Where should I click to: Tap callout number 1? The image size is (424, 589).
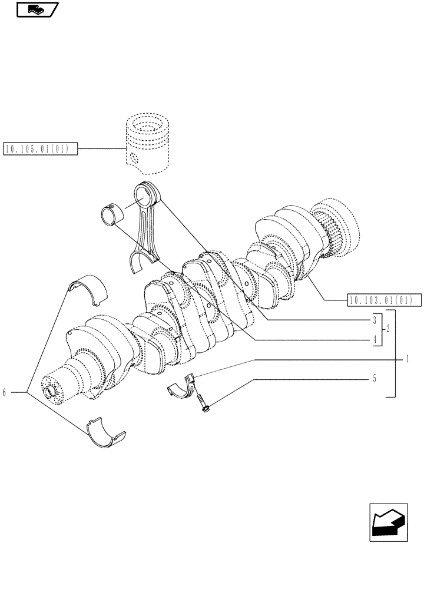407,358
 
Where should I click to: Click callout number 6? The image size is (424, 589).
5,392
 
